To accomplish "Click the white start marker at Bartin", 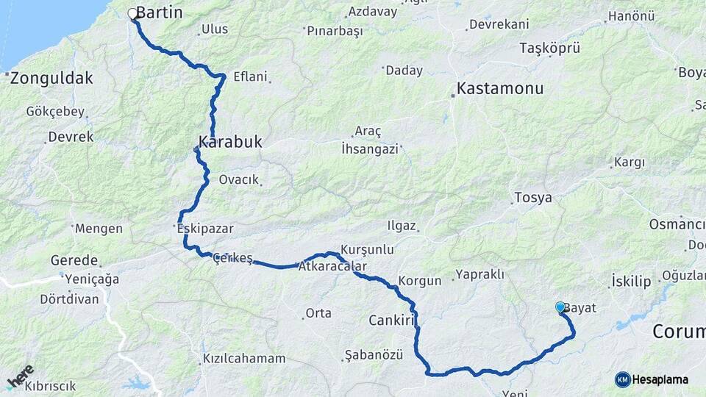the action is point(133,13).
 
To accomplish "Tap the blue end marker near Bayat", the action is point(560,307).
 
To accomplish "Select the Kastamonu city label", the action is point(500,88).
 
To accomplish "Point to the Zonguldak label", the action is point(51,78).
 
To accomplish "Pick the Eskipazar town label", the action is point(205,229).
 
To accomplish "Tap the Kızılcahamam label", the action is point(243,359).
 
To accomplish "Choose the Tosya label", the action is point(533,198).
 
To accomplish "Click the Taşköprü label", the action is point(550,48).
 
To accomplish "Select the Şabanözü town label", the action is point(375,355).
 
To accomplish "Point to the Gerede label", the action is point(74,260).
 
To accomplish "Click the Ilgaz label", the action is point(402,226).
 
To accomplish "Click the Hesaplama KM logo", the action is point(652,379).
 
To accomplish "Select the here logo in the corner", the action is point(20,376).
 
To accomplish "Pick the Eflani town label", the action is point(250,76).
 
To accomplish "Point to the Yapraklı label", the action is point(479,274).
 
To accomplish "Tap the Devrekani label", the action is point(499,24).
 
